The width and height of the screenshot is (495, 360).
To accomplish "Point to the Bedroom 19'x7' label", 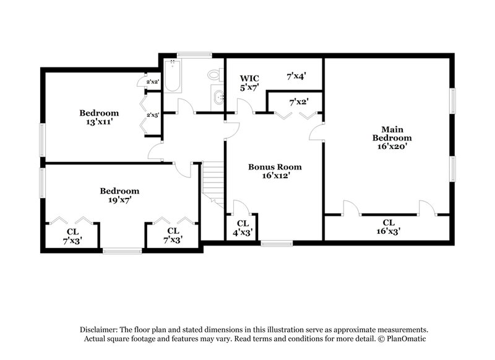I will pos(119,195).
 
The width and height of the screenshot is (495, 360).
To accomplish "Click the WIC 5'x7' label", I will pos(249,83).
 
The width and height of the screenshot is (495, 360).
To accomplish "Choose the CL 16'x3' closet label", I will pos(389,226).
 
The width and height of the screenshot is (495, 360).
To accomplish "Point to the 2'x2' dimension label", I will pos(152,82).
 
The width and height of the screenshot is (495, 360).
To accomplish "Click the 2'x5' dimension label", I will pos(152,115).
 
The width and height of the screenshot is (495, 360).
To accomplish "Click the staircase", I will pos(213,182).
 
